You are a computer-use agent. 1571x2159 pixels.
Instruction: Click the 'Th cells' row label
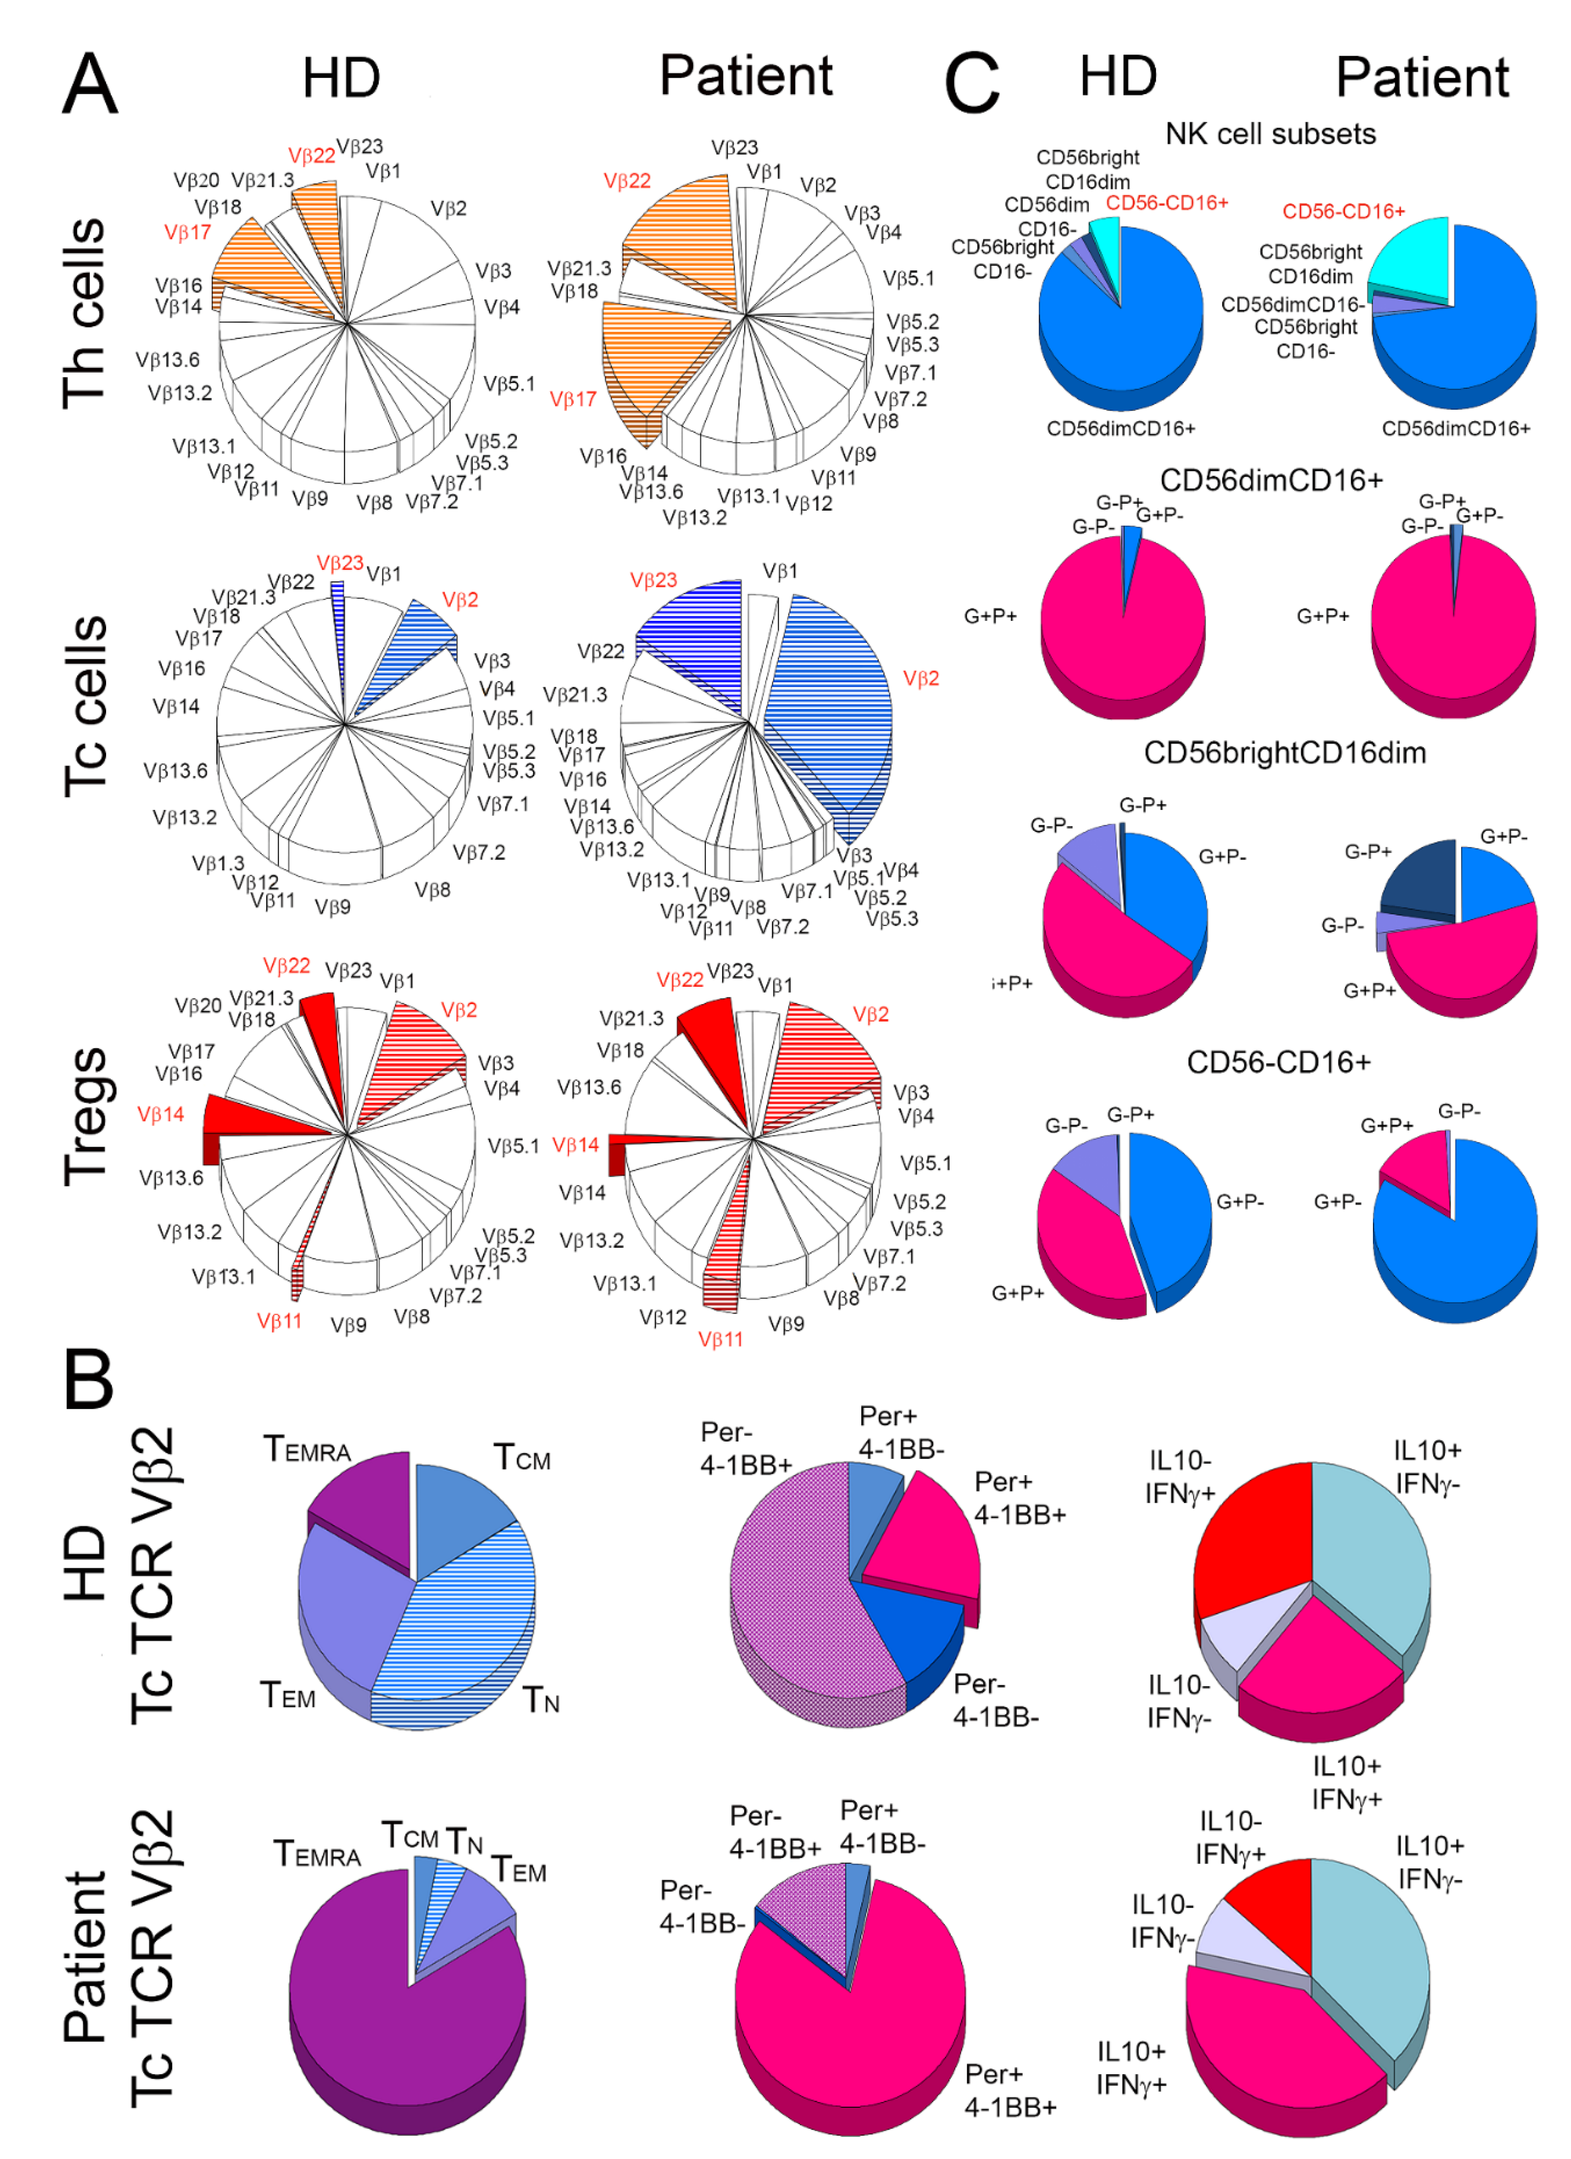pyautogui.click(x=84, y=314)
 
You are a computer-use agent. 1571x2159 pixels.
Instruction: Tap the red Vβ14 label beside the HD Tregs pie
pyautogui.click(x=160, y=1114)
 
